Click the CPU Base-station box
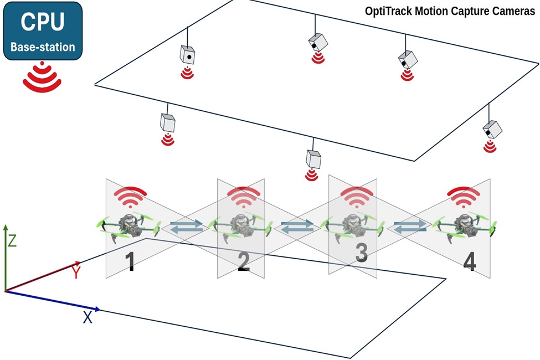click(x=43, y=31)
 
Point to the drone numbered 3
click(x=352, y=225)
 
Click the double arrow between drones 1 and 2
click(x=186, y=226)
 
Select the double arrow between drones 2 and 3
click(x=297, y=226)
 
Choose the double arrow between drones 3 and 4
click(x=410, y=226)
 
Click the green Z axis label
click(x=12, y=241)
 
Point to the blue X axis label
click(x=88, y=318)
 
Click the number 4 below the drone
click(x=469, y=263)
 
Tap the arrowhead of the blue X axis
click(x=97, y=309)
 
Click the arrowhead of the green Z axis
click(x=6, y=228)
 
